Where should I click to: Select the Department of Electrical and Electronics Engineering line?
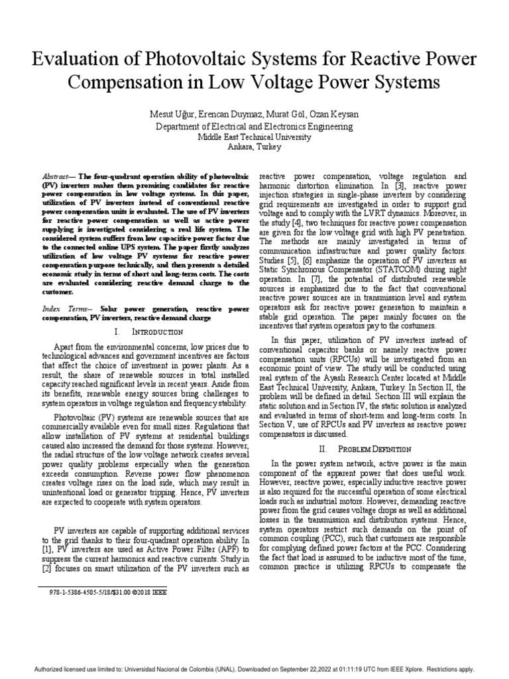click(254, 126)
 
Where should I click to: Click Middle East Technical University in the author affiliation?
click(254, 137)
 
